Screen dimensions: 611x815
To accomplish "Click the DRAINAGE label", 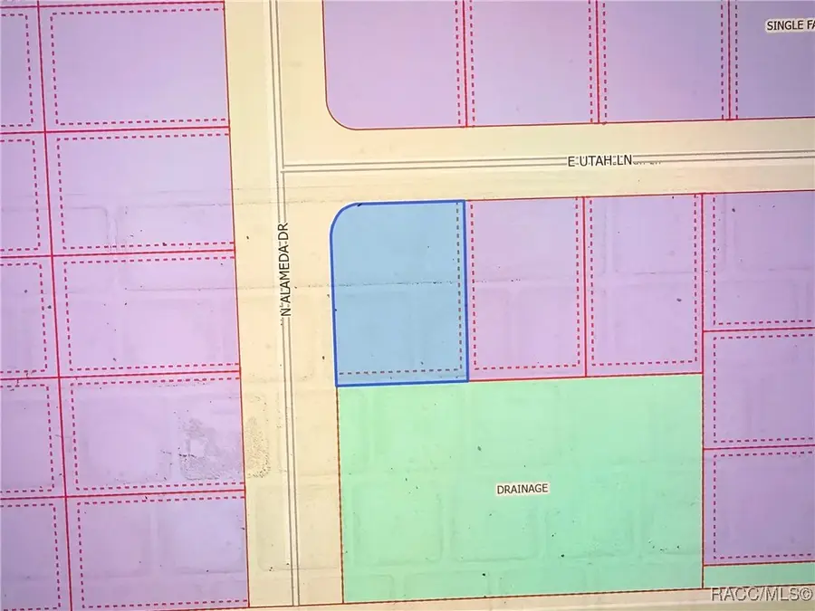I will tap(523, 489).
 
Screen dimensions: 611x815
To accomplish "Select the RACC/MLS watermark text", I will tap(760, 595).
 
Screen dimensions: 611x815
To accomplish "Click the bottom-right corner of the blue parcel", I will tap(467, 381).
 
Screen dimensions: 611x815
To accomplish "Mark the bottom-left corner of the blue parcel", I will tap(337, 385).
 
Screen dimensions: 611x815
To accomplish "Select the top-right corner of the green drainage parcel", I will tap(702, 375).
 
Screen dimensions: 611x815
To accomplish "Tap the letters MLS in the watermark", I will tap(780, 595).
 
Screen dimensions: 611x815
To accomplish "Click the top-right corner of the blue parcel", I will tap(465, 202).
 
